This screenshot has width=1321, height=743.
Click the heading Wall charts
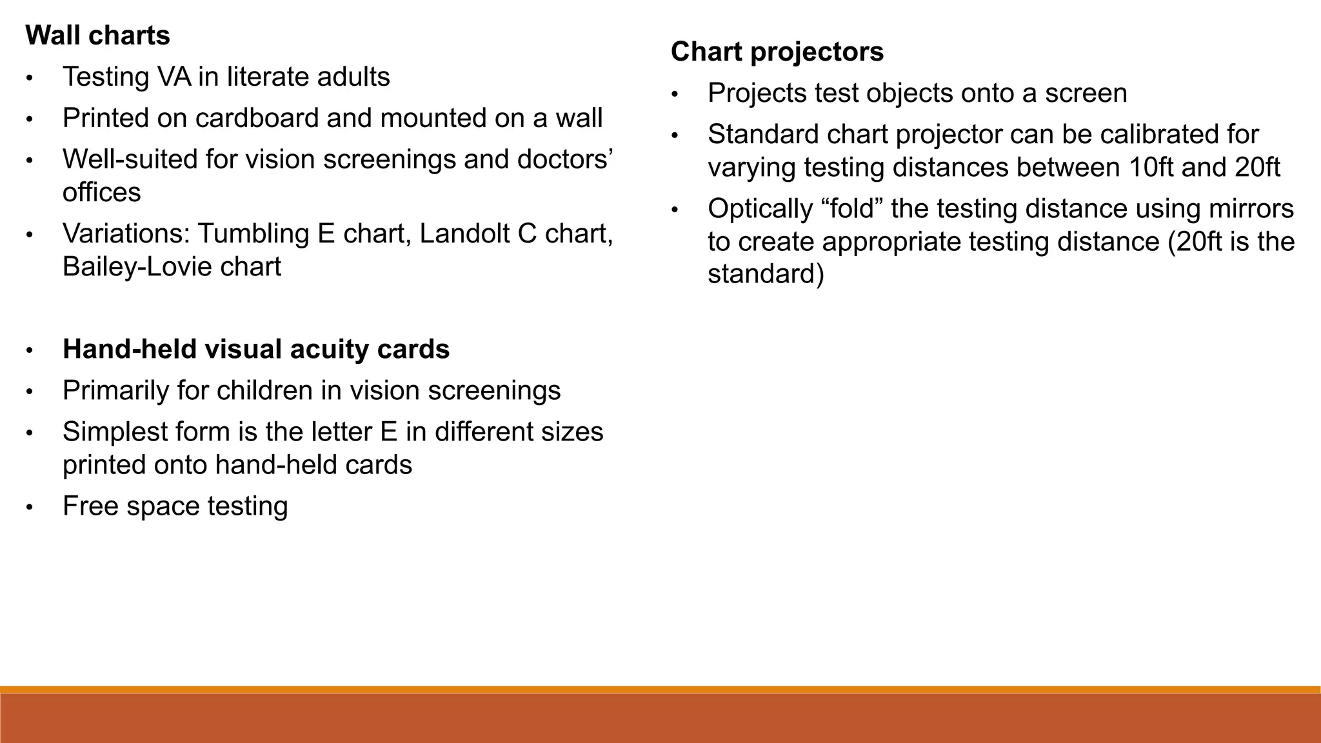(x=97, y=35)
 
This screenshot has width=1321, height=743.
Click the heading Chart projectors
(x=777, y=52)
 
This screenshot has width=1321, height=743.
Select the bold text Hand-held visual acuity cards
(x=256, y=349)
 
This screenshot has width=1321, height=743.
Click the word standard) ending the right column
(x=766, y=274)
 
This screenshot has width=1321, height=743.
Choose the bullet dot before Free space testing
(x=29, y=507)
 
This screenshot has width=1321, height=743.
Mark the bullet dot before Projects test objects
(x=675, y=94)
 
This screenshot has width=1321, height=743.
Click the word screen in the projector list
(x=1086, y=93)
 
